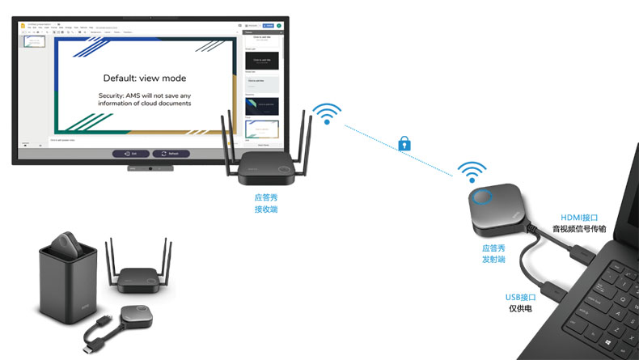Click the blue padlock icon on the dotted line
point(404,143)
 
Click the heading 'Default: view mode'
point(145,78)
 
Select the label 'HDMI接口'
point(579,217)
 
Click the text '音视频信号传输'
point(579,229)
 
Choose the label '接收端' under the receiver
point(266,210)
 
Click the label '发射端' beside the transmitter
point(493,260)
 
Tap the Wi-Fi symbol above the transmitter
point(472,171)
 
